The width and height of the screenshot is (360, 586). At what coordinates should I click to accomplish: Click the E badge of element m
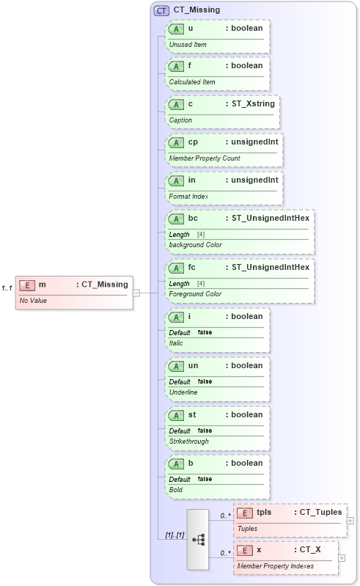[26, 285]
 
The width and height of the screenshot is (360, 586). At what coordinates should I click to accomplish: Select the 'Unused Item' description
[188, 45]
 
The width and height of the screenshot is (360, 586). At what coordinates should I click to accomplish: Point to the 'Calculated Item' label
[192, 82]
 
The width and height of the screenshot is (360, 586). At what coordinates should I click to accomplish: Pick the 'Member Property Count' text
[205, 158]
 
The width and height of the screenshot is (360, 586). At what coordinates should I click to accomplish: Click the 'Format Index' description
[188, 196]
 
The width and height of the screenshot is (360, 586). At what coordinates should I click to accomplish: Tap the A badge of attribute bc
[176, 218]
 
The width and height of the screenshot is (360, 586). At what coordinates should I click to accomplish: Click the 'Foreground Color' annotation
[195, 294]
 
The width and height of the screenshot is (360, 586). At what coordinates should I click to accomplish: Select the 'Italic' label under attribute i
[176, 343]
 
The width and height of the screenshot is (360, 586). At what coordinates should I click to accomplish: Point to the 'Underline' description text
[183, 392]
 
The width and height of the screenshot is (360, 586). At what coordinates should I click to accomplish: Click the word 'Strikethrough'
[189, 442]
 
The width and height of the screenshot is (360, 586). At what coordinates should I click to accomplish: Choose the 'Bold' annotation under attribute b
[176, 489]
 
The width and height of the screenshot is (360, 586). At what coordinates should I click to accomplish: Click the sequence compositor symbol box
[198, 539]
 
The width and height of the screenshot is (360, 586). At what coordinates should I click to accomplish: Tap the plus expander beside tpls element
[350, 520]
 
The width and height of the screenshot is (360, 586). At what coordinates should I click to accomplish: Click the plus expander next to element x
[342, 557]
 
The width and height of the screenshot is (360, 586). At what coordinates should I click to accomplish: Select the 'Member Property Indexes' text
[275, 566]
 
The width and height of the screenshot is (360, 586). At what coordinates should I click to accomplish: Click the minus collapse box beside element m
[136, 293]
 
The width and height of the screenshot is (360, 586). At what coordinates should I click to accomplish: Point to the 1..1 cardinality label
[7, 287]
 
